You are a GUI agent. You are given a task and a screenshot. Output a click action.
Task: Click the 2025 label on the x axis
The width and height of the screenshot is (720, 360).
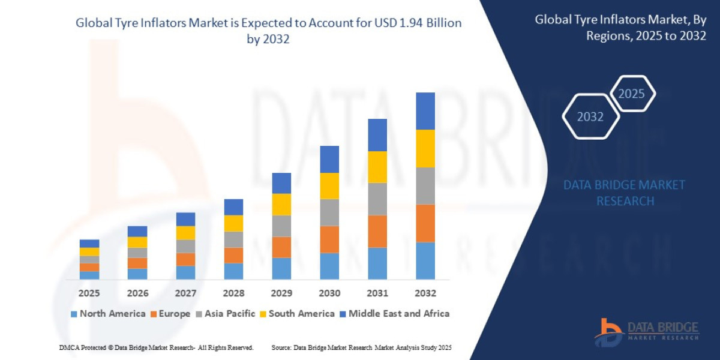click(x=89, y=293)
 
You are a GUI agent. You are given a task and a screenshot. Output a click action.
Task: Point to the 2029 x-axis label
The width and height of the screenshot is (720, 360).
click(x=281, y=293)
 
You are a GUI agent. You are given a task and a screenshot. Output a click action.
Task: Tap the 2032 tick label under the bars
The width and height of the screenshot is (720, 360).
click(x=425, y=293)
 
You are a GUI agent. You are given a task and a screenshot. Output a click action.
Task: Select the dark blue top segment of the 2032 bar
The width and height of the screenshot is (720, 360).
click(x=425, y=111)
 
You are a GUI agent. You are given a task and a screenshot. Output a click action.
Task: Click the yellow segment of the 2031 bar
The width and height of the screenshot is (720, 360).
click(x=377, y=167)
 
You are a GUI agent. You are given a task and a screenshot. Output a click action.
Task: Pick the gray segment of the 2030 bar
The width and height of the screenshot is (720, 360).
click(x=329, y=212)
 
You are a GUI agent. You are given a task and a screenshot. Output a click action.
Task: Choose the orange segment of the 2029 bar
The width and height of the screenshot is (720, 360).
click(x=281, y=247)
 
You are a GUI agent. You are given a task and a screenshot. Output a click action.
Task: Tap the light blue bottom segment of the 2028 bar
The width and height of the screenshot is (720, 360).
click(x=233, y=271)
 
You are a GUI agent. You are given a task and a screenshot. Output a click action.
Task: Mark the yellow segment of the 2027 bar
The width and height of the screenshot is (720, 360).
click(x=185, y=233)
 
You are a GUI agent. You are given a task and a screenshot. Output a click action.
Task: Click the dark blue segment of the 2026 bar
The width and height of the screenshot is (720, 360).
click(x=137, y=231)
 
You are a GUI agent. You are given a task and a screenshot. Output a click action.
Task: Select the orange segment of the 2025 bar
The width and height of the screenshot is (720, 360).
click(x=89, y=267)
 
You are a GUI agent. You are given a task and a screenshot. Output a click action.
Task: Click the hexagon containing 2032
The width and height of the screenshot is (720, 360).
click(x=590, y=116)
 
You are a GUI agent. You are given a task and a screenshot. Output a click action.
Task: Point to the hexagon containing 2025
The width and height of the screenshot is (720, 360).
click(x=631, y=94)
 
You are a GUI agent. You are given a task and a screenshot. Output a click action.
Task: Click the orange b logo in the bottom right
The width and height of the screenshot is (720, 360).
click(x=608, y=332)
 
